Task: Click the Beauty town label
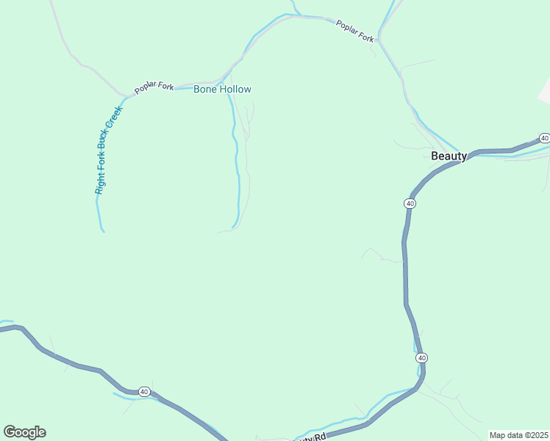[449, 156]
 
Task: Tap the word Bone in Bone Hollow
[206, 89]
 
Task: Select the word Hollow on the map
[235, 89]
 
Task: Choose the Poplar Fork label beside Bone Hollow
[154, 87]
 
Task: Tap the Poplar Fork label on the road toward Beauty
[355, 30]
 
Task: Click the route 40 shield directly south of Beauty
[410, 203]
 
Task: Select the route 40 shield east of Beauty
[544, 138]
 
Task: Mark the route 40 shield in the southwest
[145, 392]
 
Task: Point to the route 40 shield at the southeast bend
[421, 358]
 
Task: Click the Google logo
[24, 432]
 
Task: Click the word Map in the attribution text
[498, 435]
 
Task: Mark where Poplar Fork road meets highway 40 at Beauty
[462, 155]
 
